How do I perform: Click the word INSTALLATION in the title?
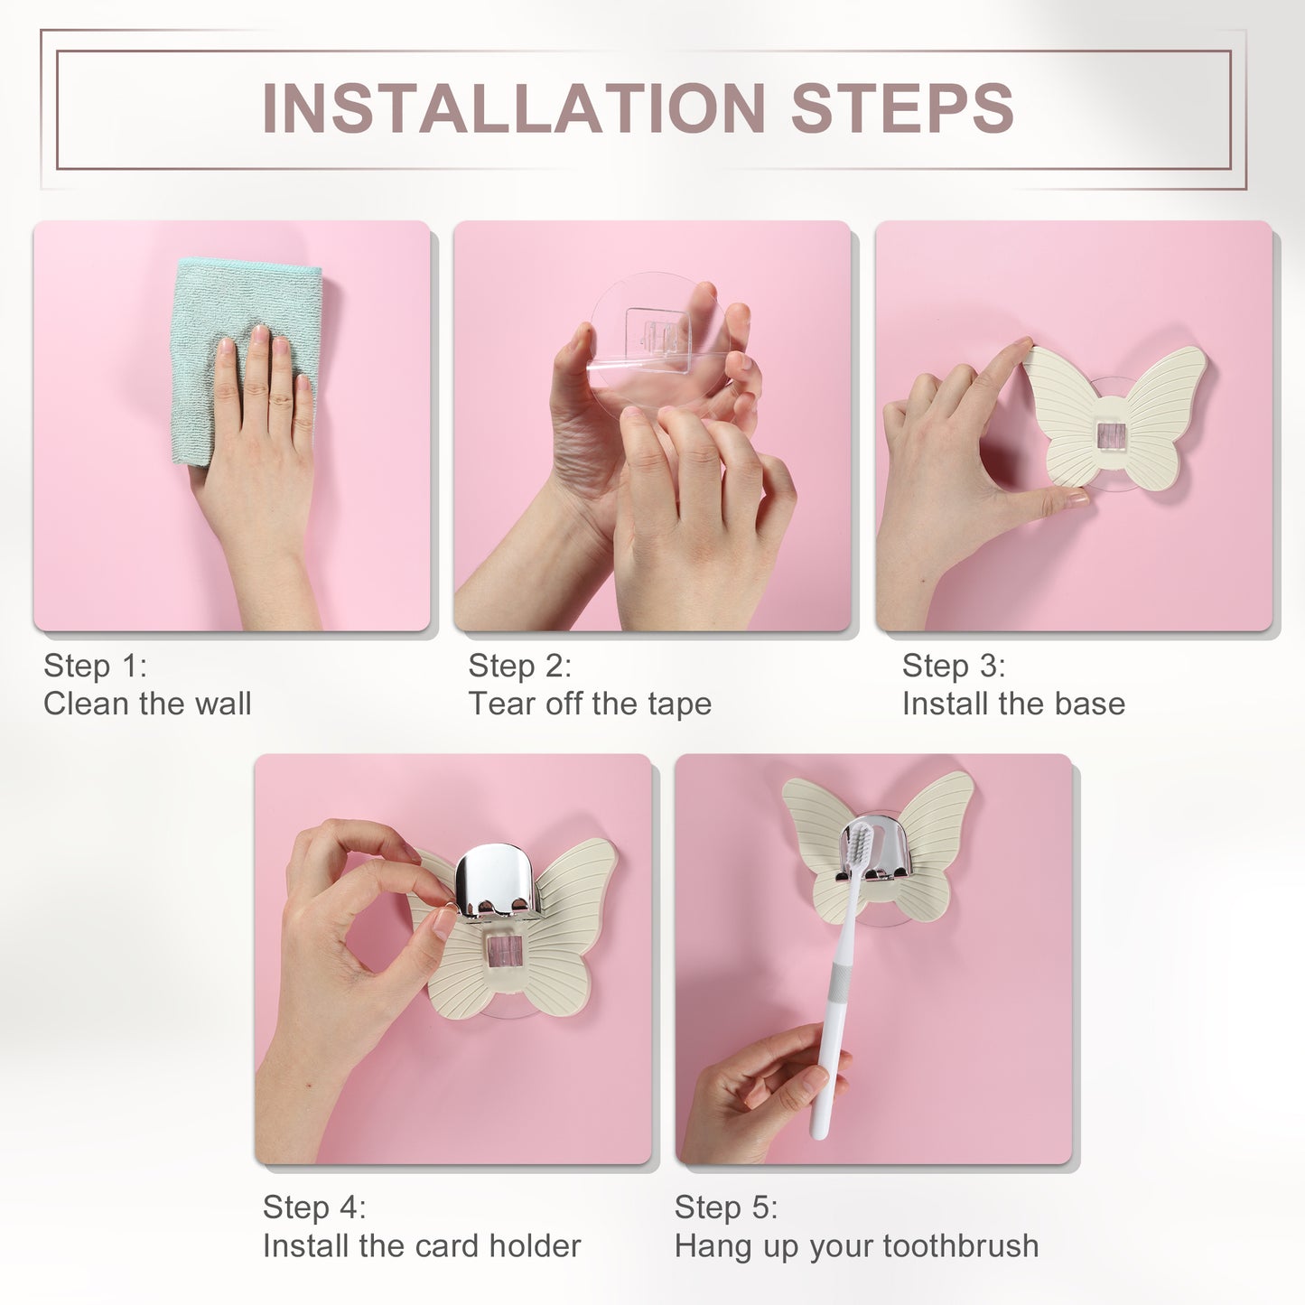pyautogui.click(x=513, y=107)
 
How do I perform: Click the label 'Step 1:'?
pyautogui.click(x=95, y=666)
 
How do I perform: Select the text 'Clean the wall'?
pyautogui.click(x=147, y=704)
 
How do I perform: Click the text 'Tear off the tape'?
pyautogui.click(x=589, y=704)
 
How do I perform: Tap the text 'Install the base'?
pyautogui.click(x=1013, y=704)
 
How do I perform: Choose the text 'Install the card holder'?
pyautogui.click(x=421, y=1246)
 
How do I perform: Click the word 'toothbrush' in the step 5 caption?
pyautogui.click(x=960, y=1246)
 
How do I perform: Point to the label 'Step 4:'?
pyautogui.click(x=314, y=1207)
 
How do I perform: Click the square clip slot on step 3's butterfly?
pyautogui.click(x=1112, y=434)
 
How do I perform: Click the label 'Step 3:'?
pyautogui.click(x=954, y=666)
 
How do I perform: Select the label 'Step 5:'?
pyautogui.click(x=726, y=1207)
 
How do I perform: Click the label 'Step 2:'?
pyautogui.click(x=519, y=666)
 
